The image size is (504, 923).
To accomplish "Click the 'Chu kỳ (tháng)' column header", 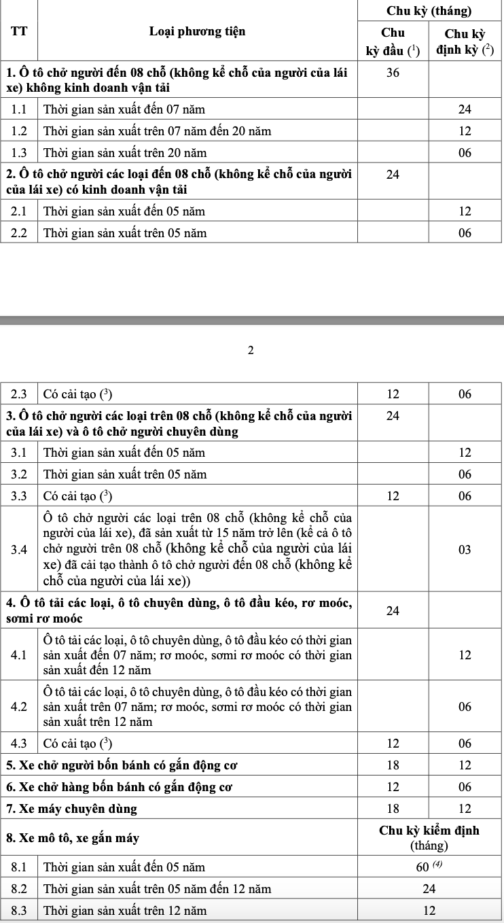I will (429, 11).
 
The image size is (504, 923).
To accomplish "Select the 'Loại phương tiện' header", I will (197, 31).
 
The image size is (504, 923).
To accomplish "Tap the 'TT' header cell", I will (18, 31).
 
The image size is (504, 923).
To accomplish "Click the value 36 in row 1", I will (393, 73).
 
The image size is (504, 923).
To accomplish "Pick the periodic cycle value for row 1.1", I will (465, 109).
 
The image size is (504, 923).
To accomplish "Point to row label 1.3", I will (19, 153).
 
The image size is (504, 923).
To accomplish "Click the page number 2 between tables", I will (251, 351).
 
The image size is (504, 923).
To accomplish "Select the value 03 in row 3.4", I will (465, 549).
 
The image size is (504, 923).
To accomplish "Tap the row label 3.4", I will (19, 549).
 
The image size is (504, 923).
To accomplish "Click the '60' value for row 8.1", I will (429, 867).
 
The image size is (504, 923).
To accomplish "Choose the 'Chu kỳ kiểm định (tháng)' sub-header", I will (429, 838).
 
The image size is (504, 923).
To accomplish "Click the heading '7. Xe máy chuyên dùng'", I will (71, 809).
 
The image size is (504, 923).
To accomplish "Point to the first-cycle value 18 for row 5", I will (393, 765).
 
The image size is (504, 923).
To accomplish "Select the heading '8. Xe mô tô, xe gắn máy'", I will (73, 838).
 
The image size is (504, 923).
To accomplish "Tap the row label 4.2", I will (19, 707).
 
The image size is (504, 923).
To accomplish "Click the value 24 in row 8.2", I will (429, 888).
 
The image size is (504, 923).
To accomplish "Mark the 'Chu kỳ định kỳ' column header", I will (465, 41).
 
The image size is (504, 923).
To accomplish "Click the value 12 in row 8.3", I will (429, 910).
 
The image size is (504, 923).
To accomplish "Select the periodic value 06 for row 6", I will (465, 787).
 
